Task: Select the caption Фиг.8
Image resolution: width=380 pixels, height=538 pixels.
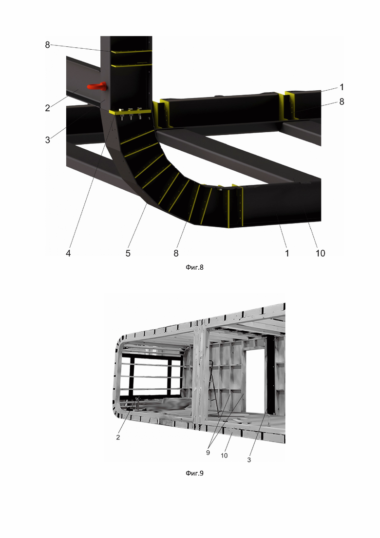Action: coord(194,267)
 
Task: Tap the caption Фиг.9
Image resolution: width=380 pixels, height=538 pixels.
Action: coord(194,473)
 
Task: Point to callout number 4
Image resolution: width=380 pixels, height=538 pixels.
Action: coord(68,253)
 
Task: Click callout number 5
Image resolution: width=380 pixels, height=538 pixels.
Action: coord(128,253)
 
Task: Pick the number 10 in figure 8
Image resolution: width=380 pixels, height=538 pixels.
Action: coord(320,253)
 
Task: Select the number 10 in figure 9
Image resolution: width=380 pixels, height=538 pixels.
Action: coord(224,456)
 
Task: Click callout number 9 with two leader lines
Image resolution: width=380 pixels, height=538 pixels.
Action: coord(208,453)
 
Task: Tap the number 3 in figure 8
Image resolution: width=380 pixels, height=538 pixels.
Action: coord(48,139)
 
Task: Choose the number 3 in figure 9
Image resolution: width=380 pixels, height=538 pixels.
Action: coord(249,460)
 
